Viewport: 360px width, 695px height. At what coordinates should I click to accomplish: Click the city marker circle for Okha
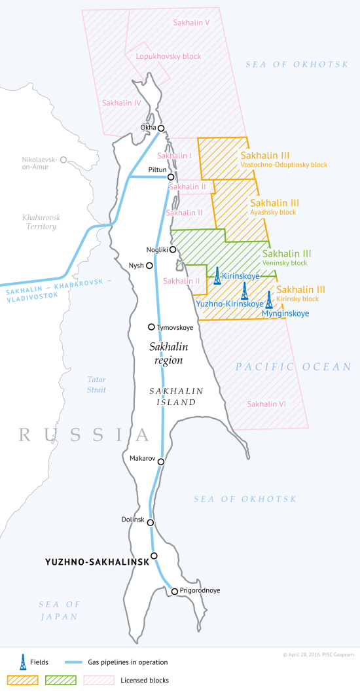(x=161, y=128)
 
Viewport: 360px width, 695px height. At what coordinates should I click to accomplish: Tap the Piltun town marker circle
(x=171, y=177)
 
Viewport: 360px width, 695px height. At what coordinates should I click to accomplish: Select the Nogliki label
(x=157, y=249)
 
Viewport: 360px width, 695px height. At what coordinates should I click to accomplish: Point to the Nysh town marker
(x=150, y=266)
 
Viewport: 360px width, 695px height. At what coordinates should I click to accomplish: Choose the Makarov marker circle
(x=161, y=461)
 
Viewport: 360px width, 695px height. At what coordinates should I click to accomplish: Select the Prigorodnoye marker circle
(x=175, y=591)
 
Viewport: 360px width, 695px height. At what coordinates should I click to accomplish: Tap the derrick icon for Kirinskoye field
(x=217, y=276)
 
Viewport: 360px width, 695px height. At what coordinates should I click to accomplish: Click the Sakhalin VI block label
(x=266, y=404)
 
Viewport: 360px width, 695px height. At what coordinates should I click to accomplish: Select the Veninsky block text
(x=285, y=263)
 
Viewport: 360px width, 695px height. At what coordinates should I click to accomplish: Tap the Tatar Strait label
(x=96, y=384)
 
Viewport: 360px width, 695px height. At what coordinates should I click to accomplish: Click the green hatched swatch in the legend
(x=60, y=681)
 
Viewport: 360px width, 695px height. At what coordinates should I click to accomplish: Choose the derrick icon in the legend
(x=23, y=662)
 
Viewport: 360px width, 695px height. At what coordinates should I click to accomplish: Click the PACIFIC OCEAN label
(x=294, y=367)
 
